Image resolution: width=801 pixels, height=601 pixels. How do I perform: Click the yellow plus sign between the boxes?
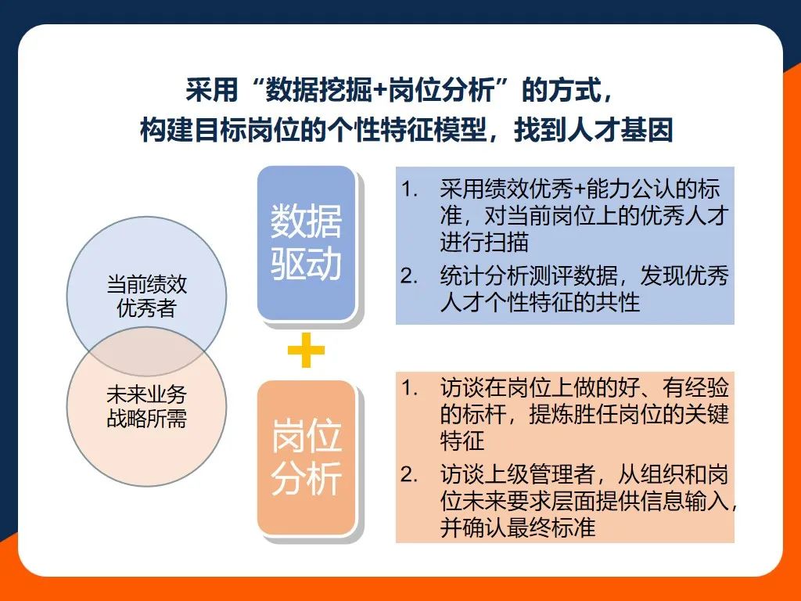[x=306, y=350]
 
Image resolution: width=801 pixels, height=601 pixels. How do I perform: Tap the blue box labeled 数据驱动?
[x=306, y=243]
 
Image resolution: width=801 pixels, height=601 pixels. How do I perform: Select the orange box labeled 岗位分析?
[x=306, y=458]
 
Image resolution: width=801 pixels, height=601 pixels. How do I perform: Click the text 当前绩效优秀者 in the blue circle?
[x=146, y=297]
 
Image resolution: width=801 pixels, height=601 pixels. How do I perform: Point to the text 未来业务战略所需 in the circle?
[x=146, y=407]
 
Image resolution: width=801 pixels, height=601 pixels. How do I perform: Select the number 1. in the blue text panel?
[x=409, y=189]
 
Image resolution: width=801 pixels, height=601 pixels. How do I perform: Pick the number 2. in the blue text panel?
[x=409, y=276]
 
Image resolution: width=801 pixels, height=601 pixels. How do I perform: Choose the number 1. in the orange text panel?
[x=409, y=388]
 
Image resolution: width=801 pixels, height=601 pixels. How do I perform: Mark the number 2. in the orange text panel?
[x=409, y=475]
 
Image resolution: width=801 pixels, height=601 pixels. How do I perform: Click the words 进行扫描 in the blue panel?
[x=483, y=242]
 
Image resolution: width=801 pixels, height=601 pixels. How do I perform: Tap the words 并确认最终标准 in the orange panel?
[x=518, y=527]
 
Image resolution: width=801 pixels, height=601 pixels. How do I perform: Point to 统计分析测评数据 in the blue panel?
[x=529, y=276]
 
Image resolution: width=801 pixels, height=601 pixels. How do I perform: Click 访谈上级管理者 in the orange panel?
[x=518, y=474]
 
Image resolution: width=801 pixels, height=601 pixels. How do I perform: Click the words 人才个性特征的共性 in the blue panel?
[x=540, y=302]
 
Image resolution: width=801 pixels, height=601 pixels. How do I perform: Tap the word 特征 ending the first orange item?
[x=462, y=440]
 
